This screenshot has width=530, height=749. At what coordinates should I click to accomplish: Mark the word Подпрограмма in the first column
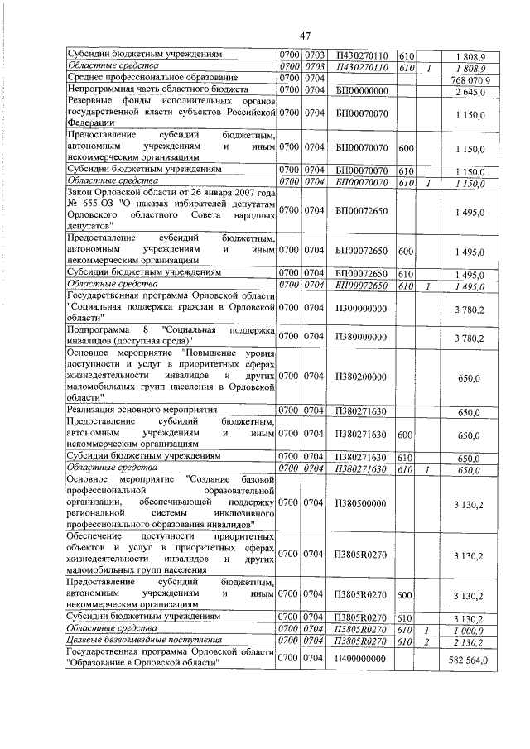[x=99, y=331]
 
